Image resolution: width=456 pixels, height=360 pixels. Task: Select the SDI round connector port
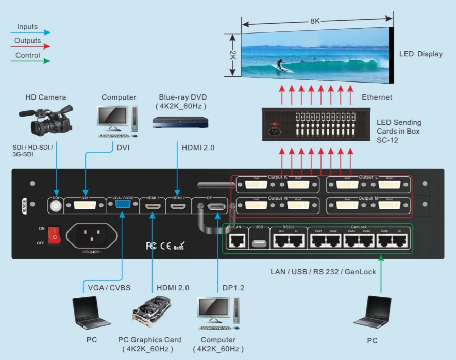tap(56, 206)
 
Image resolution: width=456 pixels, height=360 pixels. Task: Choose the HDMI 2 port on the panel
tap(178, 207)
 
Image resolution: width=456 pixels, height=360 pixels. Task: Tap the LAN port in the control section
tap(237, 239)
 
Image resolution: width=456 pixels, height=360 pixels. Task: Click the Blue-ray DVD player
tap(180, 122)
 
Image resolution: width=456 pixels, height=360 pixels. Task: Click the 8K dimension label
tap(315, 22)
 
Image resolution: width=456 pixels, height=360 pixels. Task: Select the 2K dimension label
tap(232, 55)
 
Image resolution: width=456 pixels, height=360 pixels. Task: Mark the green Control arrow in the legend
tap(31, 61)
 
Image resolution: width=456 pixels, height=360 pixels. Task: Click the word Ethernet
tap(377, 97)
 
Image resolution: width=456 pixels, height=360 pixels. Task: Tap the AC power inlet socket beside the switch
tap(91, 237)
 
